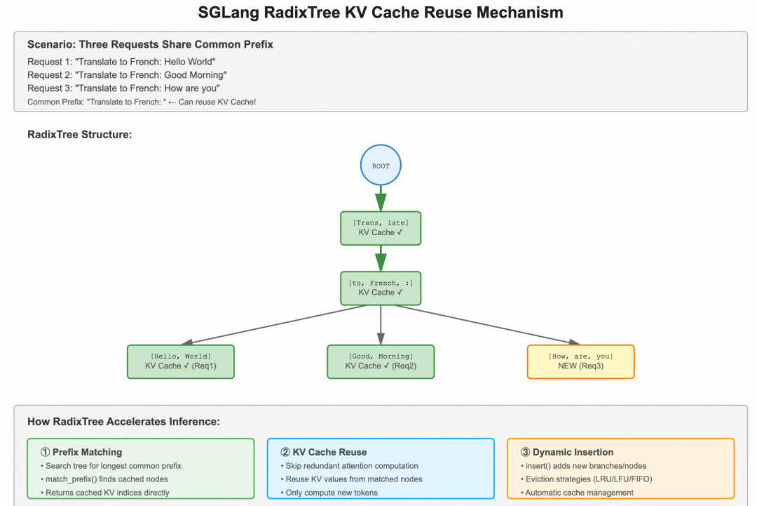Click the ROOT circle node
381,166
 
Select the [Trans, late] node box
381,228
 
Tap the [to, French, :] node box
381,288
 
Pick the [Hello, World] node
180,361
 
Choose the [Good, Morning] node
381,361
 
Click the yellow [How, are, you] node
580,361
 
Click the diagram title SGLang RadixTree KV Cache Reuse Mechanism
381,13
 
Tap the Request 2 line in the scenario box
127,75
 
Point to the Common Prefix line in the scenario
142,102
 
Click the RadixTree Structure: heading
79,134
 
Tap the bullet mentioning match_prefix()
107,479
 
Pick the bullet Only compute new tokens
332,492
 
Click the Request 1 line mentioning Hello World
121,62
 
